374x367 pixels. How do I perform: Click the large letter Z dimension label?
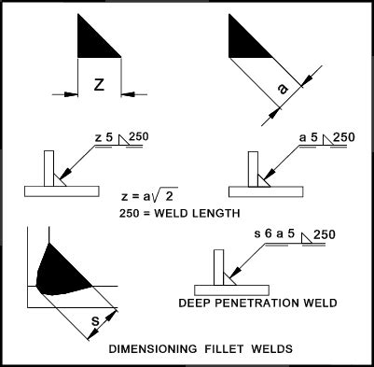pos(99,85)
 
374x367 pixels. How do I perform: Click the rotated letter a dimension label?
pos(283,90)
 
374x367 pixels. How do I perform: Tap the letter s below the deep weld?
pos(96,321)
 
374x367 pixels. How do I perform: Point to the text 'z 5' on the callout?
pos(104,137)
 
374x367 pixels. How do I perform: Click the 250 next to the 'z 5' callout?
pos(139,136)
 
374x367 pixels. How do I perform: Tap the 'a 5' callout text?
pos(309,137)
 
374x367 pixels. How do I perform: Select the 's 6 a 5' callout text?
pos(274,233)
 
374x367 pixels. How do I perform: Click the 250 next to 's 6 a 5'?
pos(325,234)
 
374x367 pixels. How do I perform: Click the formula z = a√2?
pos(149,194)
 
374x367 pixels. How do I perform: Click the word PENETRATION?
pos(254,303)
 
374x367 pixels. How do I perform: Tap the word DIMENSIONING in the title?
pos(153,348)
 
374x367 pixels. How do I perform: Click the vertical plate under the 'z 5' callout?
pos(48,168)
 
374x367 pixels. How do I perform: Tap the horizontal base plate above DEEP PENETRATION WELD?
pos(231,289)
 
